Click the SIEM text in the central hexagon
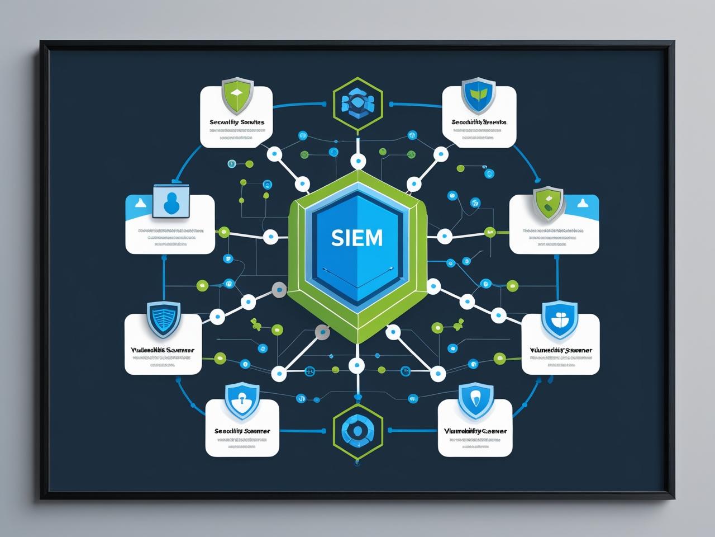tap(357, 238)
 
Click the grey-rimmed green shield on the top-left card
tap(237, 94)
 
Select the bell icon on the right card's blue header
tap(583, 202)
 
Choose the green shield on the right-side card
tap(548, 201)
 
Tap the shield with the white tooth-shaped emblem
tap(475, 399)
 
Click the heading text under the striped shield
tap(163, 350)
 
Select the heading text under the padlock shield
tap(242, 431)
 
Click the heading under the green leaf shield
tap(479, 121)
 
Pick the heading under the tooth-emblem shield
tap(475, 431)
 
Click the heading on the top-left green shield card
tap(237, 121)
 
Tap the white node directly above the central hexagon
tap(357, 162)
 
